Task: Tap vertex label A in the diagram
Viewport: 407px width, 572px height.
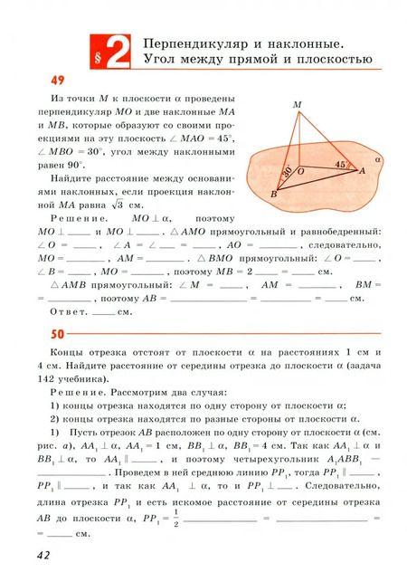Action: [362, 171]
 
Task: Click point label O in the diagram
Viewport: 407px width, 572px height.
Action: [300, 170]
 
